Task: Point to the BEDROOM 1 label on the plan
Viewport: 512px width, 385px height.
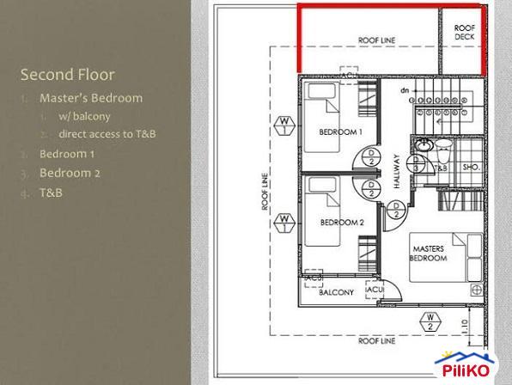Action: click(x=340, y=131)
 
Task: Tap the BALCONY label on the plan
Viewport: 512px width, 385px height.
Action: click(x=337, y=292)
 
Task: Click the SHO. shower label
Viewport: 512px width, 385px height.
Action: click(x=471, y=168)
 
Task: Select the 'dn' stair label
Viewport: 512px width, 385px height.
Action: click(x=404, y=90)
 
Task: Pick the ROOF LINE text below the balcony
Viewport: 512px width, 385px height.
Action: click(x=377, y=341)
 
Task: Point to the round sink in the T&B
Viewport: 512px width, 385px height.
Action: click(x=423, y=148)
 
